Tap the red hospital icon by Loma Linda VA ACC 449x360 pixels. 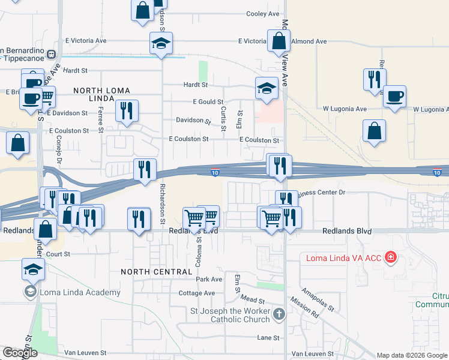click(x=391, y=258)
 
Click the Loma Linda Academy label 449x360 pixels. click(x=80, y=293)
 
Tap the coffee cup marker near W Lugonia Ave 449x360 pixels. click(x=394, y=97)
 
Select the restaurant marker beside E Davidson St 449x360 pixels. click(x=127, y=110)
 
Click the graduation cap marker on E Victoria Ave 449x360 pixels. click(x=161, y=43)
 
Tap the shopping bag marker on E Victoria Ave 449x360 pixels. click(x=279, y=41)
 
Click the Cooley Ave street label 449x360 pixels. click(x=263, y=14)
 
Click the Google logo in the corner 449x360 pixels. click(x=20, y=353)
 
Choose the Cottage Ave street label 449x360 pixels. click(x=196, y=293)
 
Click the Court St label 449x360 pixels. click(x=58, y=254)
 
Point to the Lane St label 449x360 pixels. click(x=268, y=338)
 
